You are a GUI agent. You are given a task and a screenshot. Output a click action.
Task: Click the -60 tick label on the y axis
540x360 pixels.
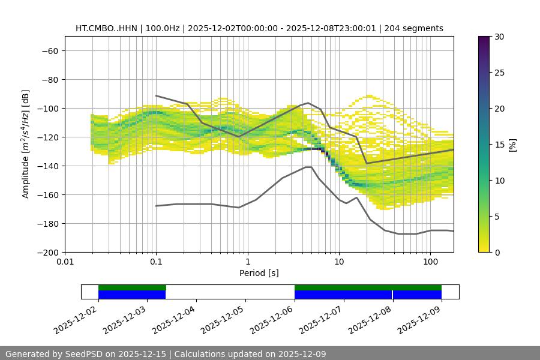point(49,50)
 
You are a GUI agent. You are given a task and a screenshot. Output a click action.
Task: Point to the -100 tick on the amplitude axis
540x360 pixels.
point(47,108)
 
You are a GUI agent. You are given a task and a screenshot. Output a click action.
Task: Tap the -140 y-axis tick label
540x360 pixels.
point(47,166)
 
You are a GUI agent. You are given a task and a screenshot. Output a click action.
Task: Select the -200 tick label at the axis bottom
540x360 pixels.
point(47,252)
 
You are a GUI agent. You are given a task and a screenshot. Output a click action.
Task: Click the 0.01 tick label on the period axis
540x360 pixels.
point(65,262)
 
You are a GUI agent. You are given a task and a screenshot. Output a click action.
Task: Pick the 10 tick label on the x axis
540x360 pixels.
point(339,262)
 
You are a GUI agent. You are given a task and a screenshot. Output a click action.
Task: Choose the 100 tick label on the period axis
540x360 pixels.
point(430,262)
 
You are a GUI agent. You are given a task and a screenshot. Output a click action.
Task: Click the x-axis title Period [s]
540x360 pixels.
point(259,273)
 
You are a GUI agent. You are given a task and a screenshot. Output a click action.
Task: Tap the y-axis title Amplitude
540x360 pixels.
point(25,144)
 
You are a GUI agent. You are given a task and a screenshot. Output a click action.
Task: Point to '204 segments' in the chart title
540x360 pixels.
point(414,28)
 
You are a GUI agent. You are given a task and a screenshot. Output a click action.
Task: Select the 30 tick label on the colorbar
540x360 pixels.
point(499,37)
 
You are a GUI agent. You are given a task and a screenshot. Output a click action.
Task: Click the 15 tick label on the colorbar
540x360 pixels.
point(499,145)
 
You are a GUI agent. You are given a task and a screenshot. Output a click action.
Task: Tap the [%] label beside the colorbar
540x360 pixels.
point(512,145)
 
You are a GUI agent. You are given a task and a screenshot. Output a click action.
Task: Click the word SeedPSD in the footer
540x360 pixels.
point(85,354)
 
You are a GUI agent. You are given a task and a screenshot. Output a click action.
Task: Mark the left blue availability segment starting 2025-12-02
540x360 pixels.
point(132,295)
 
